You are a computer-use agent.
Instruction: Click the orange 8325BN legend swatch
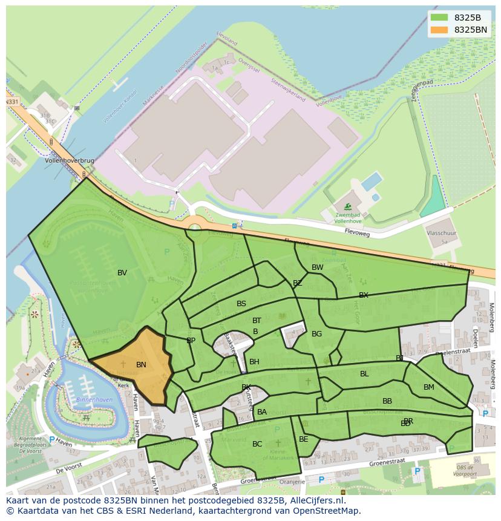point(439,30)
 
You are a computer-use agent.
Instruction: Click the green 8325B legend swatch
point(439,18)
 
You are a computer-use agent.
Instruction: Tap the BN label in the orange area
point(141,365)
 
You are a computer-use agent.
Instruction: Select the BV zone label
point(122,273)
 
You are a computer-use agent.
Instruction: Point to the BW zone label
point(317,267)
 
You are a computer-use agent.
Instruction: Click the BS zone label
point(241,304)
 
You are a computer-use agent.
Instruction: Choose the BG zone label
point(316,334)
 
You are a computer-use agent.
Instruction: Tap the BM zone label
point(428,387)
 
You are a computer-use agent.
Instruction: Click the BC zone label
point(257,444)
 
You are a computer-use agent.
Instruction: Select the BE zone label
point(303,439)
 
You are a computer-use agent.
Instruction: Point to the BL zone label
point(364,374)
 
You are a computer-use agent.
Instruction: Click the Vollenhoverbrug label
point(70,162)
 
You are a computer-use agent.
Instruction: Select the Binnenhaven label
point(93,400)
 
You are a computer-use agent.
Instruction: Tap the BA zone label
point(262,412)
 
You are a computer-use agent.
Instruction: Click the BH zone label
point(254,362)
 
